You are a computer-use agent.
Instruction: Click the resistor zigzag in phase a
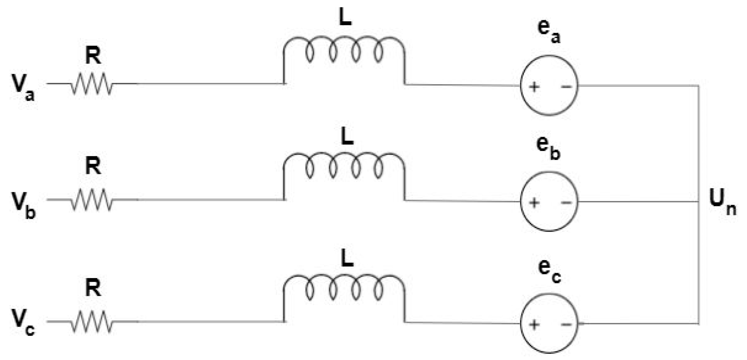tap(92, 84)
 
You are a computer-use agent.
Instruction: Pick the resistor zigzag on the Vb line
tap(92, 200)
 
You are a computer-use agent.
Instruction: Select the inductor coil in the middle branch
tap(344, 166)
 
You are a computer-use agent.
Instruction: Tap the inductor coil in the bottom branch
tap(344, 288)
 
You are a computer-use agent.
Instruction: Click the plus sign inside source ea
tap(534, 87)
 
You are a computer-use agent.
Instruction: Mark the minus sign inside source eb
tap(566, 203)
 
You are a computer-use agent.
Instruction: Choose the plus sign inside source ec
tap(534, 324)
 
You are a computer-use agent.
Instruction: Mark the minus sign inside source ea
tap(566, 86)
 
